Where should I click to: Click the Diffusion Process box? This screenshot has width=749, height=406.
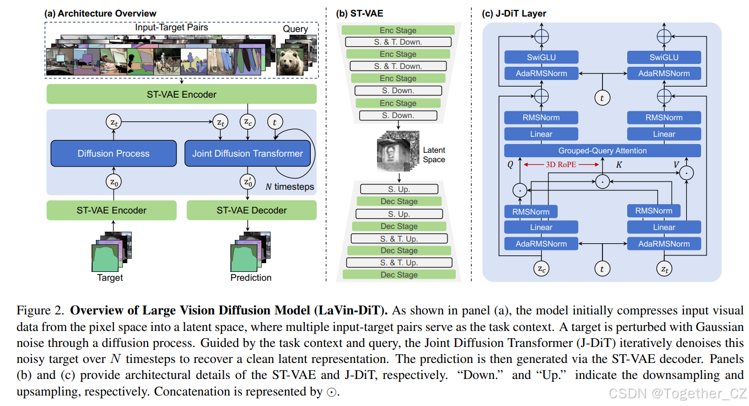(x=114, y=153)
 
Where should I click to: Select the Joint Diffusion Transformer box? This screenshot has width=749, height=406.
(x=247, y=153)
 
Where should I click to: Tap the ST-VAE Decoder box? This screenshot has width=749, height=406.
(x=251, y=210)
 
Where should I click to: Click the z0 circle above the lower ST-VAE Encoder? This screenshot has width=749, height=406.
(x=113, y=180)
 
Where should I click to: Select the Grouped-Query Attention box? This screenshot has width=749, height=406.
(x=602, y=151)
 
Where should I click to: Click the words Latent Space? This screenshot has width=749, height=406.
(x=434, y=154)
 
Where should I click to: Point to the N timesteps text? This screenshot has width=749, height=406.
(x=289, y=186)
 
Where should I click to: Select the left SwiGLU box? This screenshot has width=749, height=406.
(x=541, y=57)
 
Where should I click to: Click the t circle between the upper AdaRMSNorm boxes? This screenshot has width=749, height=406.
(x=602, y=98)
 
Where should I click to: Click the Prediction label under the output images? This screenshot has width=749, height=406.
(x=251, y=277)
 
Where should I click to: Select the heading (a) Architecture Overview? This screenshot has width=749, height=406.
(x=100, y=13)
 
